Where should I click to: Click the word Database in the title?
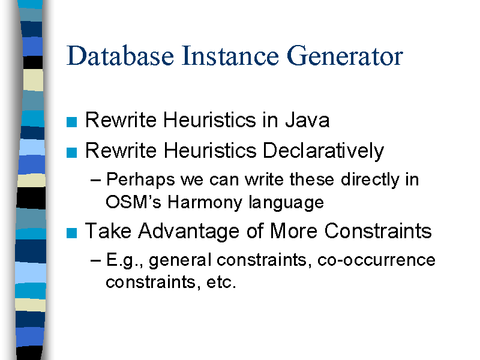tap(121, 56)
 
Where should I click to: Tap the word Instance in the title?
tap(230, 56)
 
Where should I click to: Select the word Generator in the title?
tap(344, 56)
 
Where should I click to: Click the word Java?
tap(307, 119)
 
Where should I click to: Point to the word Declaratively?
tap(323, 151)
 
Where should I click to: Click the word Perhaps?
tap(140, 180)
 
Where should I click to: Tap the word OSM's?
tap(133, 202)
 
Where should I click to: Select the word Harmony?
tap(205, 203)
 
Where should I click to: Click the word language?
tap(286, 203)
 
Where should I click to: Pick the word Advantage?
tap(188, 231)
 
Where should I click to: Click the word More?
tap(293, 230)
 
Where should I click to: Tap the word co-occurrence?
tap(377, 260)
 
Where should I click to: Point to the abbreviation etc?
tap(221, 282)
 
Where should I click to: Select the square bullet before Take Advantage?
tap(71, 233)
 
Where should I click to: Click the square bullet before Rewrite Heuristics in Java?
tap(71, 122)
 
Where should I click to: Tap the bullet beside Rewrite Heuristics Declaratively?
tap(71, 152)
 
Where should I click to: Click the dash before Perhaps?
tap(95, 181)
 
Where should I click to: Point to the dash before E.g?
tap(95, 261)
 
